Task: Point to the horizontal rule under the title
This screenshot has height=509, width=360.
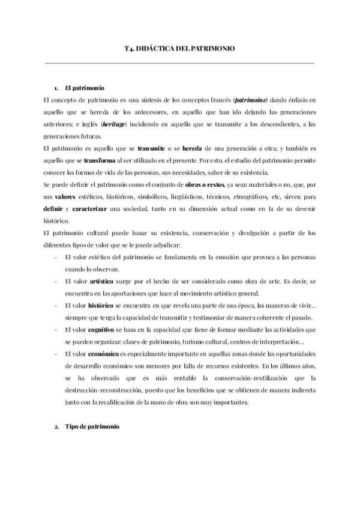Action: (179, 62)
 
